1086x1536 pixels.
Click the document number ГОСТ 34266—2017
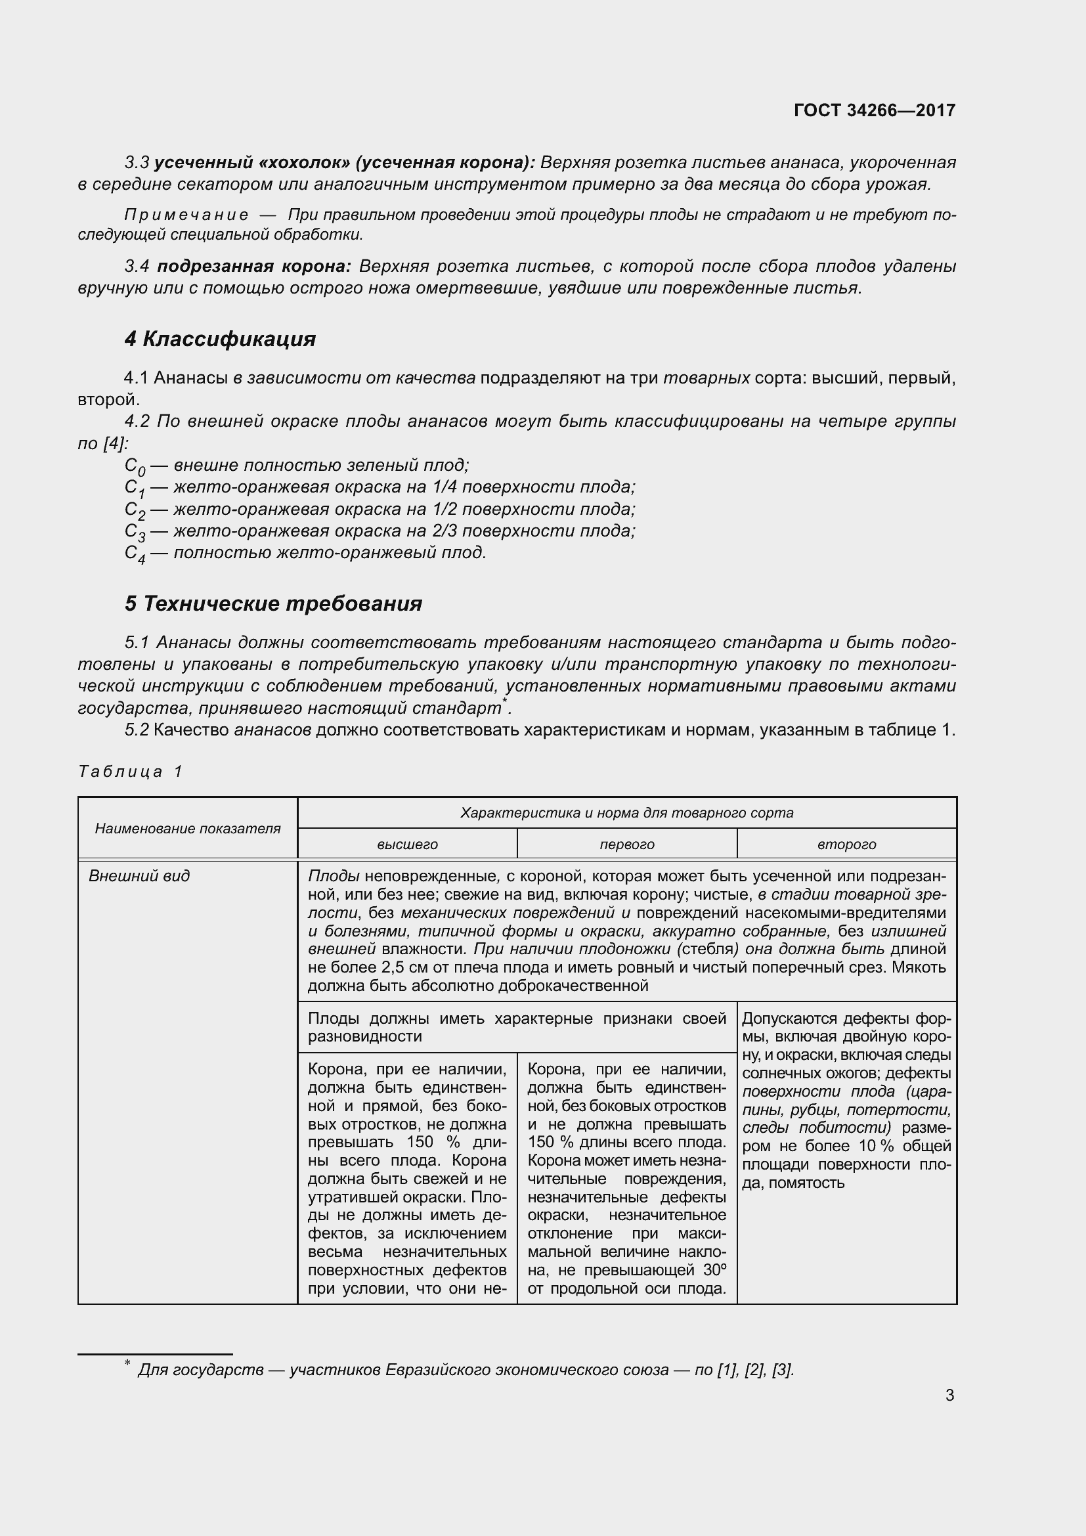click(x=874, y=110)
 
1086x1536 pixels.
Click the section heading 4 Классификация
click(x=220, y=339)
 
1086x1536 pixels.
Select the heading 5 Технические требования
click(x=273, y=603)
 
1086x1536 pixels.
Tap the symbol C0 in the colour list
click(x=135, y=466)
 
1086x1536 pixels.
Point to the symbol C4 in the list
click(x=135, y=554)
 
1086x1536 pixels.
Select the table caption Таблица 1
click(x=131, y=772)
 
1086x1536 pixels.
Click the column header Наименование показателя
click(x=187, y=828)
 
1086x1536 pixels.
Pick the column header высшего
click(x=407, y=845)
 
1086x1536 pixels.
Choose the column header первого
click(x=626, y=845)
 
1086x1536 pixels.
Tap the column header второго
click(x=846, y=845)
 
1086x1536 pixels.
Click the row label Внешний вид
click(x=139, y=876)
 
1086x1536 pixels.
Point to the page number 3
click(x=949, y=1395)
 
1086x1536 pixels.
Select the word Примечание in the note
click(x=186, y=215)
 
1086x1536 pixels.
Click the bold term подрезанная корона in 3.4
click(x=253, y=266)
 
